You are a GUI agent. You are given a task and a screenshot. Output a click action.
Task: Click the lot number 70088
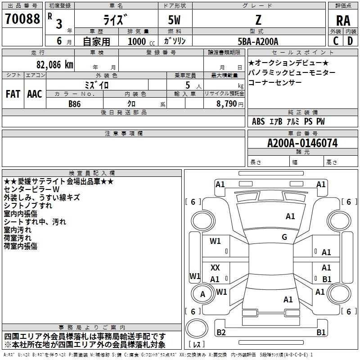pos(22,19)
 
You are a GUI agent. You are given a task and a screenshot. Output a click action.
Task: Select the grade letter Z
pos(258,20)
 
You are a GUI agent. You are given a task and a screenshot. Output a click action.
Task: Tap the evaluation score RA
pos(343,21)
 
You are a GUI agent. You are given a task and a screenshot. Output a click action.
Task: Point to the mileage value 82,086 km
pos(55,65)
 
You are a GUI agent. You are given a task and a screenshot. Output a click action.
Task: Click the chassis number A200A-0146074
pos(302,143)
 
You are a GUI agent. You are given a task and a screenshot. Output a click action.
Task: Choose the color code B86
pos(74,104)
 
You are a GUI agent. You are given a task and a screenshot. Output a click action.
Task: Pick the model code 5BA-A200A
pos(258,41)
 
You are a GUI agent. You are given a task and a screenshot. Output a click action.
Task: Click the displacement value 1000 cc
pos(141,41)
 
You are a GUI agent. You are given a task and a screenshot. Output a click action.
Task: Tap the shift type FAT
pos(13,94)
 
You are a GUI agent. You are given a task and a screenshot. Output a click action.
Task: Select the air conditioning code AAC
pos(35,94)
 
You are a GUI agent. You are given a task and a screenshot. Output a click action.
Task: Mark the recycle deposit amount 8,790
pos(226,104)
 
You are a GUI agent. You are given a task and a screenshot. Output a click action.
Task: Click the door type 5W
pos(174,20)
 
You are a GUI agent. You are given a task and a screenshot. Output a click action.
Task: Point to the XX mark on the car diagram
pos(215,267)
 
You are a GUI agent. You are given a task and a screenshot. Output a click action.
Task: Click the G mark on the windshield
pos(284,237)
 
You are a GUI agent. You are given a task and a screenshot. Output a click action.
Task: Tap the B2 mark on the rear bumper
pos(221,332)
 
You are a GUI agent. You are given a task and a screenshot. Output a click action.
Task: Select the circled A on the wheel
pos(202,294)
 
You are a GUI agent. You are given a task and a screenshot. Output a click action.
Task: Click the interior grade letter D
pos(350,41)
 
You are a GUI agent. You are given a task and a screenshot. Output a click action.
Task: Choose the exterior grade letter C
pos(336,41)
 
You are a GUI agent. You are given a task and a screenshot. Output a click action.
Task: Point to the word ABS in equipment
pos(258,121)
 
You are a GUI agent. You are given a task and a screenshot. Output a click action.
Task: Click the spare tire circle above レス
pos(197,328)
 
